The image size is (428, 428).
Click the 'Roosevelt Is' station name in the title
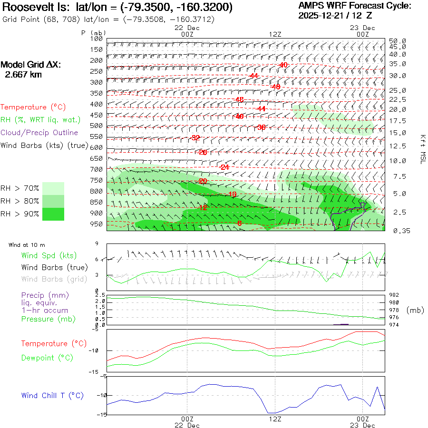33,8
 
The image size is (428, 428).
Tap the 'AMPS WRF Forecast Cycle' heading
354,6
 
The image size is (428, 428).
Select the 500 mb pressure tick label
96,126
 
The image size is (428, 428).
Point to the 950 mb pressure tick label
96,224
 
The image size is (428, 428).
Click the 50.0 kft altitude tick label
397,41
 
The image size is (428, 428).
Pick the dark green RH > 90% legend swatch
53,214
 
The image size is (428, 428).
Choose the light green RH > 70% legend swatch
53,188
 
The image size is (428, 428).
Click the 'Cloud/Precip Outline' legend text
39,133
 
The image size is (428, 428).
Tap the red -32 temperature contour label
195,138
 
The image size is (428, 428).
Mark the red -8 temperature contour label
239,223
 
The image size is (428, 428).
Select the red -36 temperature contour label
260,127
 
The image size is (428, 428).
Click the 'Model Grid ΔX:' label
31,65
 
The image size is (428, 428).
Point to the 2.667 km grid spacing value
23,75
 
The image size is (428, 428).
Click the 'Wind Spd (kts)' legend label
49,256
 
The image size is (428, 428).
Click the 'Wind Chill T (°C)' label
52,396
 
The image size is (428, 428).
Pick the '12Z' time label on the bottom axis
275,419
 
